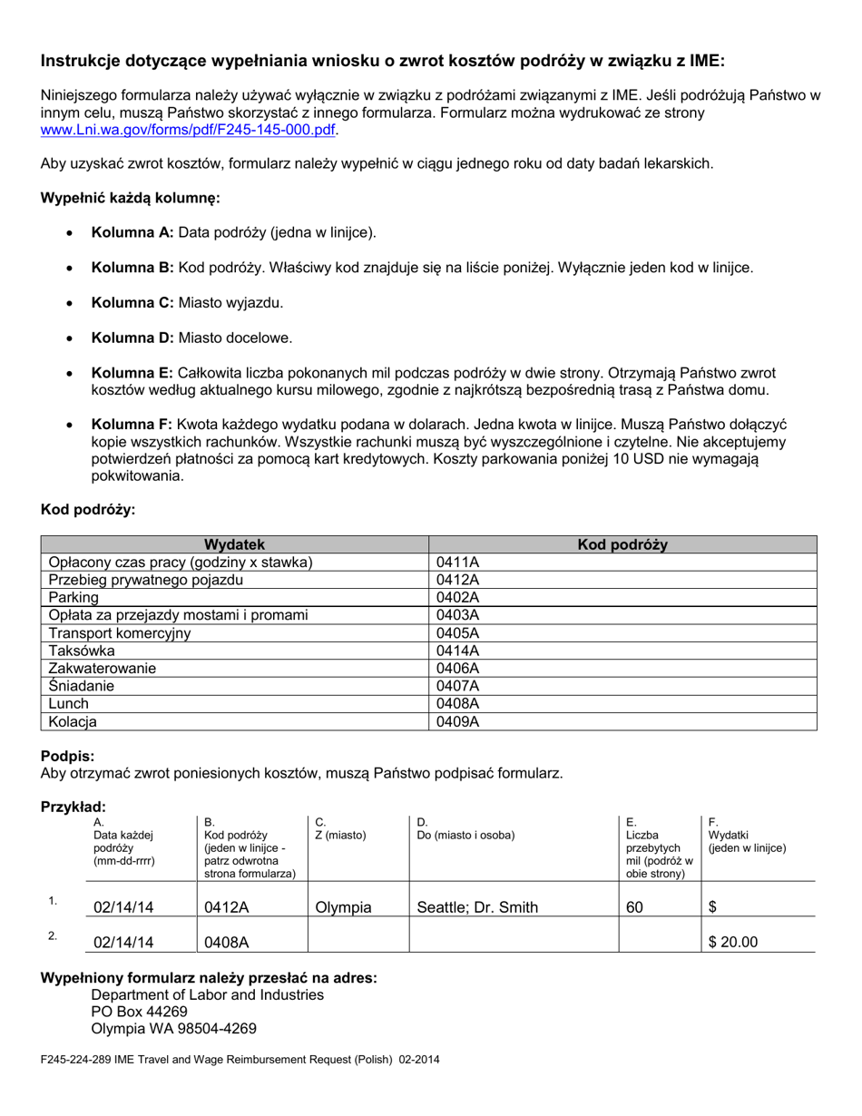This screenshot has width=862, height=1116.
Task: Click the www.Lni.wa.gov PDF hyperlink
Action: coord(188,130)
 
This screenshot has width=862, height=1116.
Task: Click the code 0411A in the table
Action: coord(457,563)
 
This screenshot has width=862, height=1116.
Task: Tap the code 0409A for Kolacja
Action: coord(457,722)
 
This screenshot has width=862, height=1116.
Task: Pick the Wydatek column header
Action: coord(234,544)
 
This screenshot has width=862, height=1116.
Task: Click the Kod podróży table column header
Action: coord(622,544)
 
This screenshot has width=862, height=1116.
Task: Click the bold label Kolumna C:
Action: coord(132,302)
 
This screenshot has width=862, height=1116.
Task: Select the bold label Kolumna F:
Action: coord(132,425)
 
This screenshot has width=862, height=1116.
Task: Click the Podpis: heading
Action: coord(67,756)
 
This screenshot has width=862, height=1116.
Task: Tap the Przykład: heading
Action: coord(73,807)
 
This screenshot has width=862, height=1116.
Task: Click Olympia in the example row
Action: coord(343,906)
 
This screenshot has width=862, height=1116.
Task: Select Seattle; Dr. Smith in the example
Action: coord(477,906)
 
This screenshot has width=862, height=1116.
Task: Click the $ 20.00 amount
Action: coord(732,942)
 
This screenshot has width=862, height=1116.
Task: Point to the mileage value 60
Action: coord(635,906)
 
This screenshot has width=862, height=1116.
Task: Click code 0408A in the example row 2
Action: coord(226,942)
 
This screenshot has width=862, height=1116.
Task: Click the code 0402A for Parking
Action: coord(457,598)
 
